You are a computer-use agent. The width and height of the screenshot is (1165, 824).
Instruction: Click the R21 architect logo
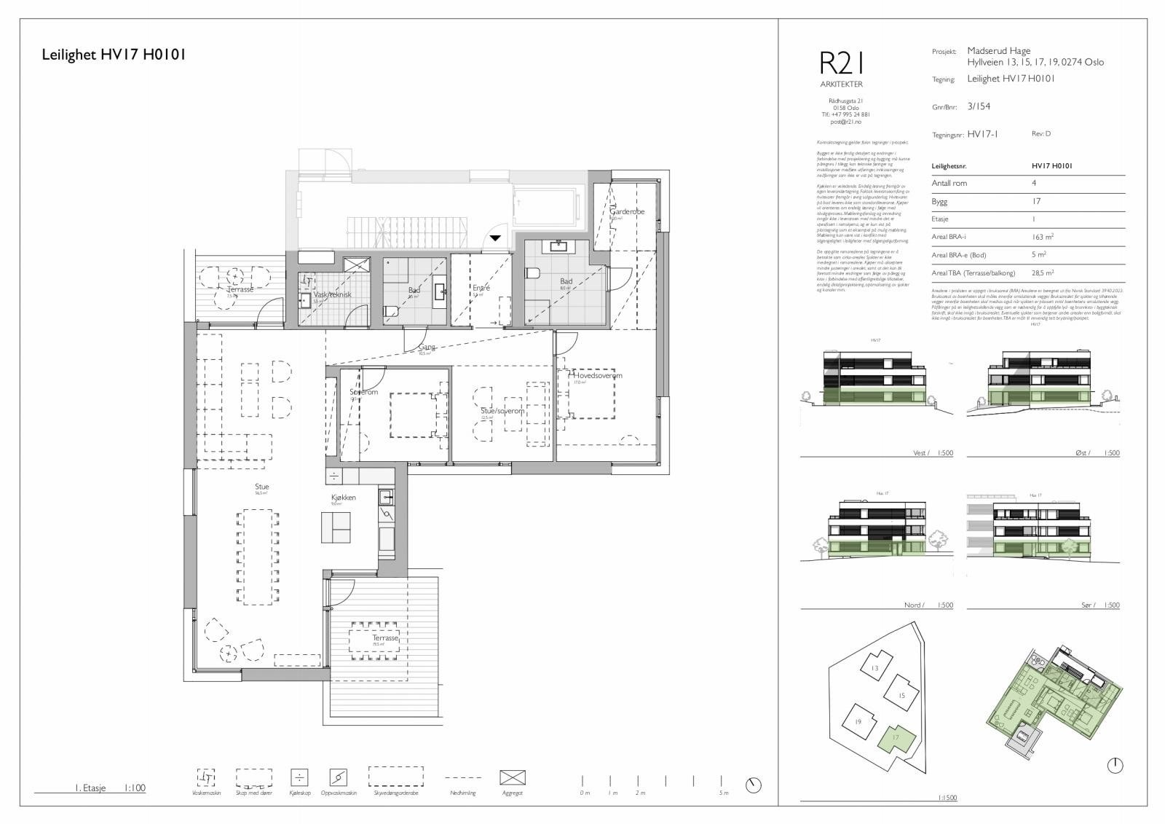841,63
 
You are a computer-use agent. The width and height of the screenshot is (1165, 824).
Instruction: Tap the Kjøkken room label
343,498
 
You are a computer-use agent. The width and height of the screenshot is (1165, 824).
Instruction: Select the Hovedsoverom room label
598,375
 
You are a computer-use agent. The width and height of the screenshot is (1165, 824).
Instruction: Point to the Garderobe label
627,212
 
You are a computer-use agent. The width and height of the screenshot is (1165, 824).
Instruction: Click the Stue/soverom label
502,411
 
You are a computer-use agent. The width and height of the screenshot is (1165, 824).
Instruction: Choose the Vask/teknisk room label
333,294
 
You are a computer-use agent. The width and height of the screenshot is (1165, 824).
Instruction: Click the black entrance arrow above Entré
494,238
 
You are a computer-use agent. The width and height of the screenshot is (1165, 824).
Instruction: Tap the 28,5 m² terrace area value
1043,272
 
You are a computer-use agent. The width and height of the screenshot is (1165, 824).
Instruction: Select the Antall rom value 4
1034,183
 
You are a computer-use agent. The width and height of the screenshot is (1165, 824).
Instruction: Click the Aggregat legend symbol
513,777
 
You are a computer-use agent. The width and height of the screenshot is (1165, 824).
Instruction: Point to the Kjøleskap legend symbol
299,777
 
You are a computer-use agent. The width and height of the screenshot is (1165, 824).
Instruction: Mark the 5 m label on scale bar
723,793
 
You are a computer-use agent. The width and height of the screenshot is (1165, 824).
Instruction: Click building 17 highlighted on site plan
895,738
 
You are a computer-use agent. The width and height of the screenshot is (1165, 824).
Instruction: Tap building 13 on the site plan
875,667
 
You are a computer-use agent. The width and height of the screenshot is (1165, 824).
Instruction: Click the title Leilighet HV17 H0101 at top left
114,54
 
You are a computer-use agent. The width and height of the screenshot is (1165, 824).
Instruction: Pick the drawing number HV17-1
983,134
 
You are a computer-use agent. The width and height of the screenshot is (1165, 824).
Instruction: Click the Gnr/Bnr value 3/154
979,106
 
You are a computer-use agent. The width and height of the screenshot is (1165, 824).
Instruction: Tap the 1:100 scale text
135,788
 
